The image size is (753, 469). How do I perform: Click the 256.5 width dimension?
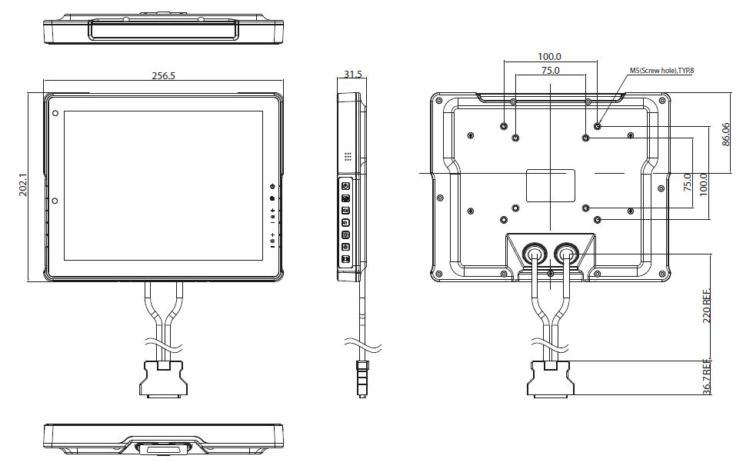point(164,76)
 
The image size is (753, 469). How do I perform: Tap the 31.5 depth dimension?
point(353,75)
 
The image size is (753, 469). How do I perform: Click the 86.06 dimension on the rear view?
point(726,135)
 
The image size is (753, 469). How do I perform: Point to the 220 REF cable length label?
point(707,308)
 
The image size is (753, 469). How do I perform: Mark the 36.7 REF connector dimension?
point(707,377)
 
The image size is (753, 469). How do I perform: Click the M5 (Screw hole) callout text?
point(661,71)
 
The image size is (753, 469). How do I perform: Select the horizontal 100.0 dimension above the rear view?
point(549,57)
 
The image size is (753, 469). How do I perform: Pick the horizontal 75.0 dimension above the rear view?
point(550,70)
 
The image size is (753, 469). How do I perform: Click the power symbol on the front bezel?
point(272,186)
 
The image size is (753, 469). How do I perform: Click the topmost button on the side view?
point(345,186)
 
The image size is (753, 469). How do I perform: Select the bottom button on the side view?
point(345,259)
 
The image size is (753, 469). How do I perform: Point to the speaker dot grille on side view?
point(348,156)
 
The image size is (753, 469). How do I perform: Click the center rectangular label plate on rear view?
point(551,183)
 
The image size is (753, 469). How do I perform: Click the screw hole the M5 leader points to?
point(598,125)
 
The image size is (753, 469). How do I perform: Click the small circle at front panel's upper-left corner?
point(55,114)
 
